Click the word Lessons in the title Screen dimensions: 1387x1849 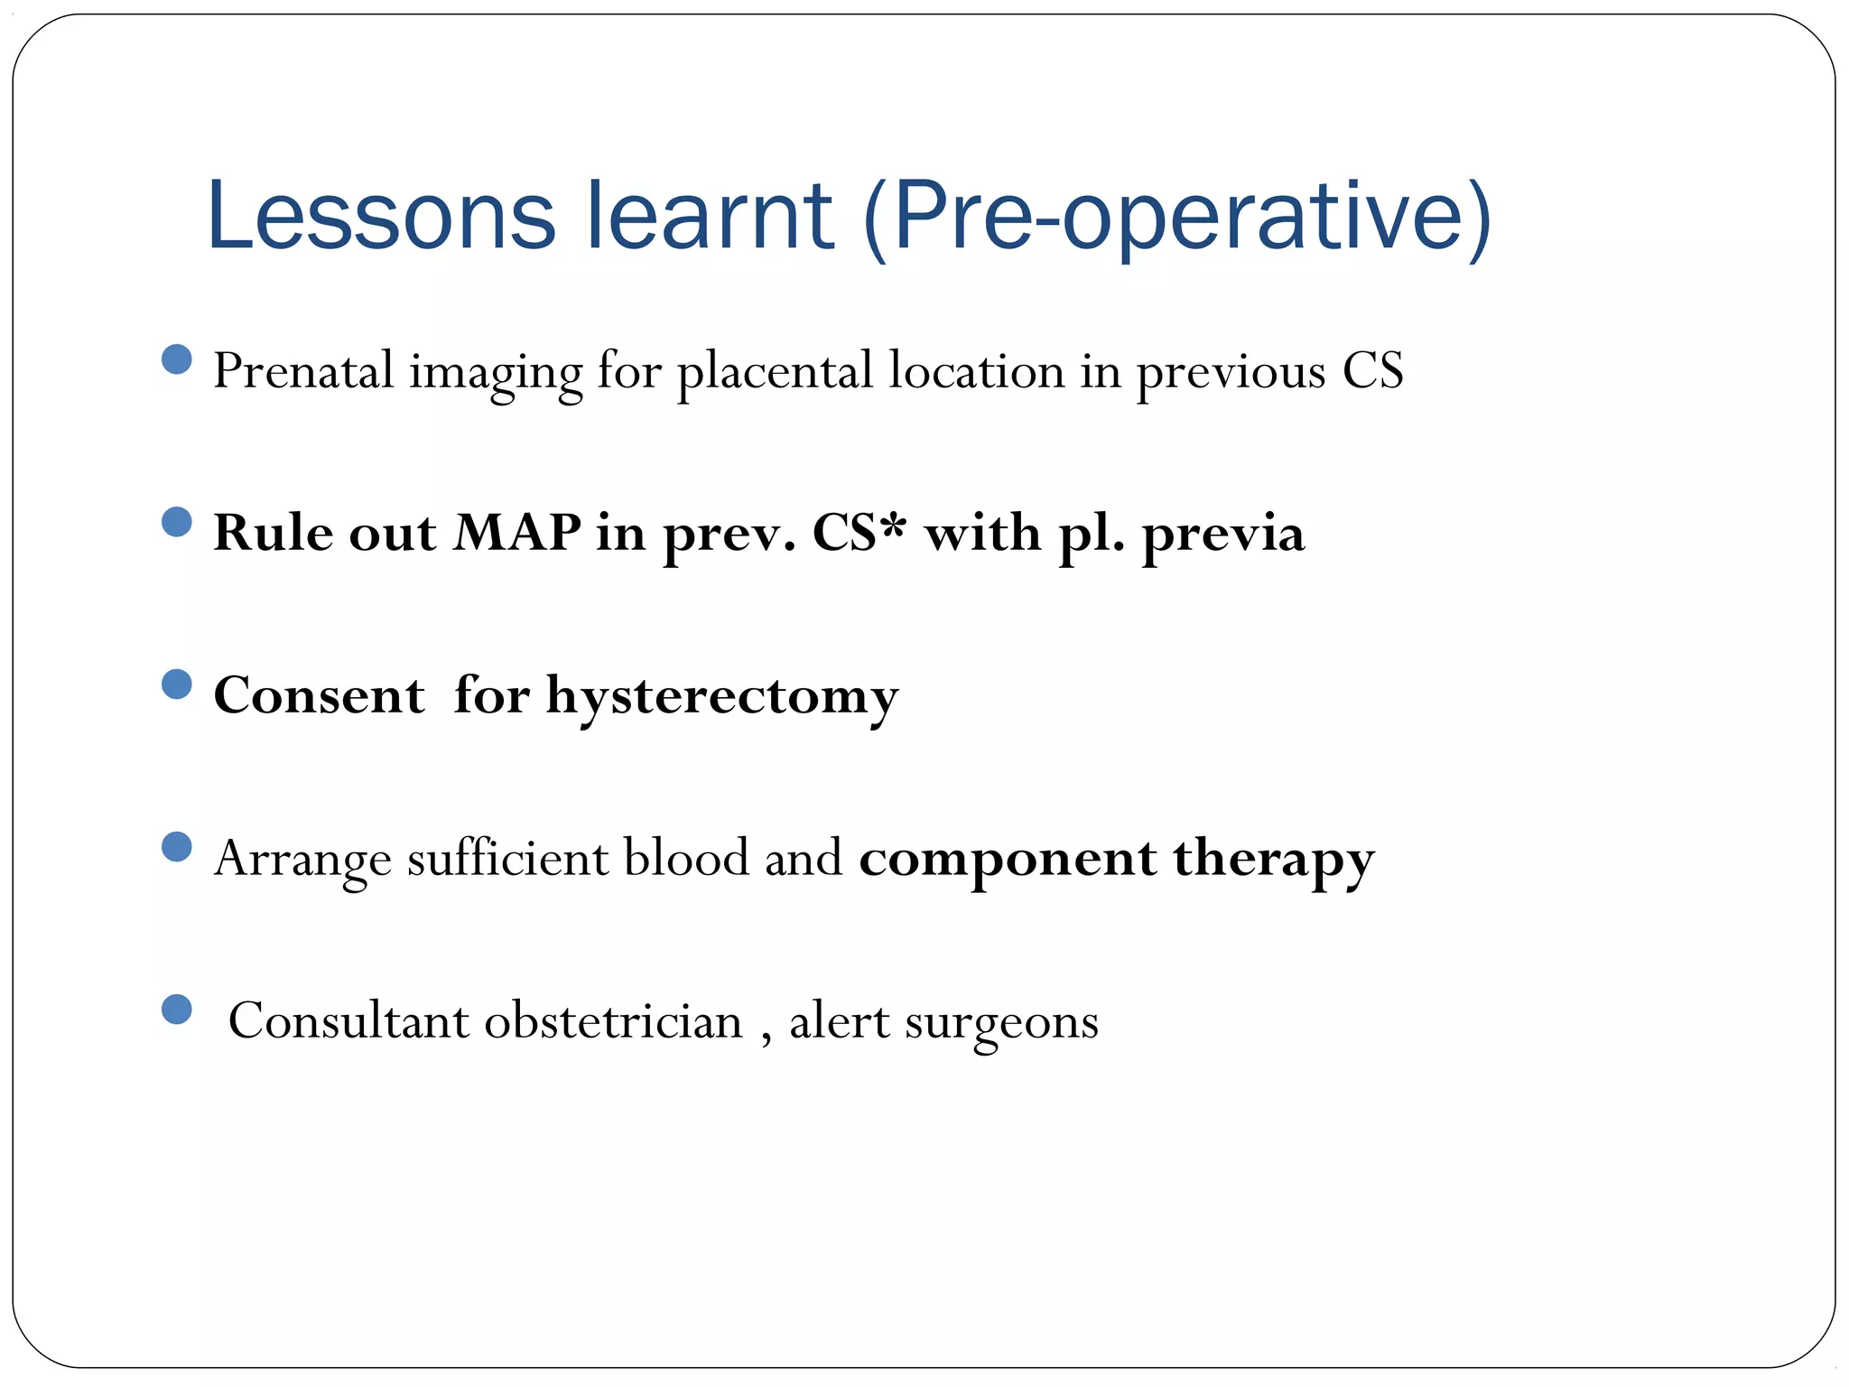[x=381, y=217]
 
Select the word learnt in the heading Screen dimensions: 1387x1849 [x=710, y=217]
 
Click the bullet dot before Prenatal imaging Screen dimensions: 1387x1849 [x=177, y=359]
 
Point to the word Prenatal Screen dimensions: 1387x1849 [x=303, y=371]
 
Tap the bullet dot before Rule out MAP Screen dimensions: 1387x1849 [x=177, y=522]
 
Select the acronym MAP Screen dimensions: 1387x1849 [x=517, y=533]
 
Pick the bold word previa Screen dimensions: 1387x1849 [x=1223, y=535]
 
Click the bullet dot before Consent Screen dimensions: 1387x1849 [x=177, y=684]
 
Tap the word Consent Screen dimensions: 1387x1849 [x=319, y=696]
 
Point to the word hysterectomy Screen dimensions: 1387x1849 [x=722, y=698]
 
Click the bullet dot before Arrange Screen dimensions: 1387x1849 [x=177, y=847]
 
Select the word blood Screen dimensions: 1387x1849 [x=686, y=858]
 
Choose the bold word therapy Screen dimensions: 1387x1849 [x=1274, y=860]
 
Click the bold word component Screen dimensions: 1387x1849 [x=1008, y=860]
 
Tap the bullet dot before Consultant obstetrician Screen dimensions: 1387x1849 [x=177, y=1010]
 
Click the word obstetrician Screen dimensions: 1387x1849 [x=613, y=1021]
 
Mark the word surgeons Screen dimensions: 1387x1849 [x=1001, y=1023]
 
